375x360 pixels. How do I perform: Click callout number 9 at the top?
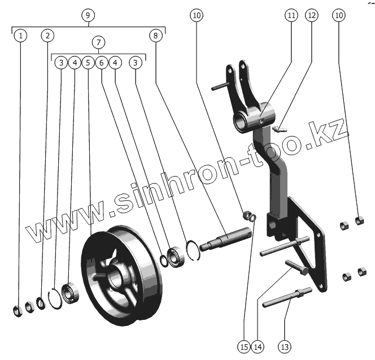point(88,15)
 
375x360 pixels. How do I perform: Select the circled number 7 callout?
point(99,43)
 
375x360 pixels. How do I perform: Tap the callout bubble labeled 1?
point(20,36)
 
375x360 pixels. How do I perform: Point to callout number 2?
point(48,36)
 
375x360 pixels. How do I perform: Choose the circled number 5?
point(88,63)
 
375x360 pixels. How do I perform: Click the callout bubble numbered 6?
point(102,63)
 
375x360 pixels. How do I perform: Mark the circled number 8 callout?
point(156,36)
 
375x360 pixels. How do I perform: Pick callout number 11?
point(291,15)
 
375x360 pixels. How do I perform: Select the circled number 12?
point(312,15)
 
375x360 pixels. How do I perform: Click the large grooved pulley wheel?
point(121,265)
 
